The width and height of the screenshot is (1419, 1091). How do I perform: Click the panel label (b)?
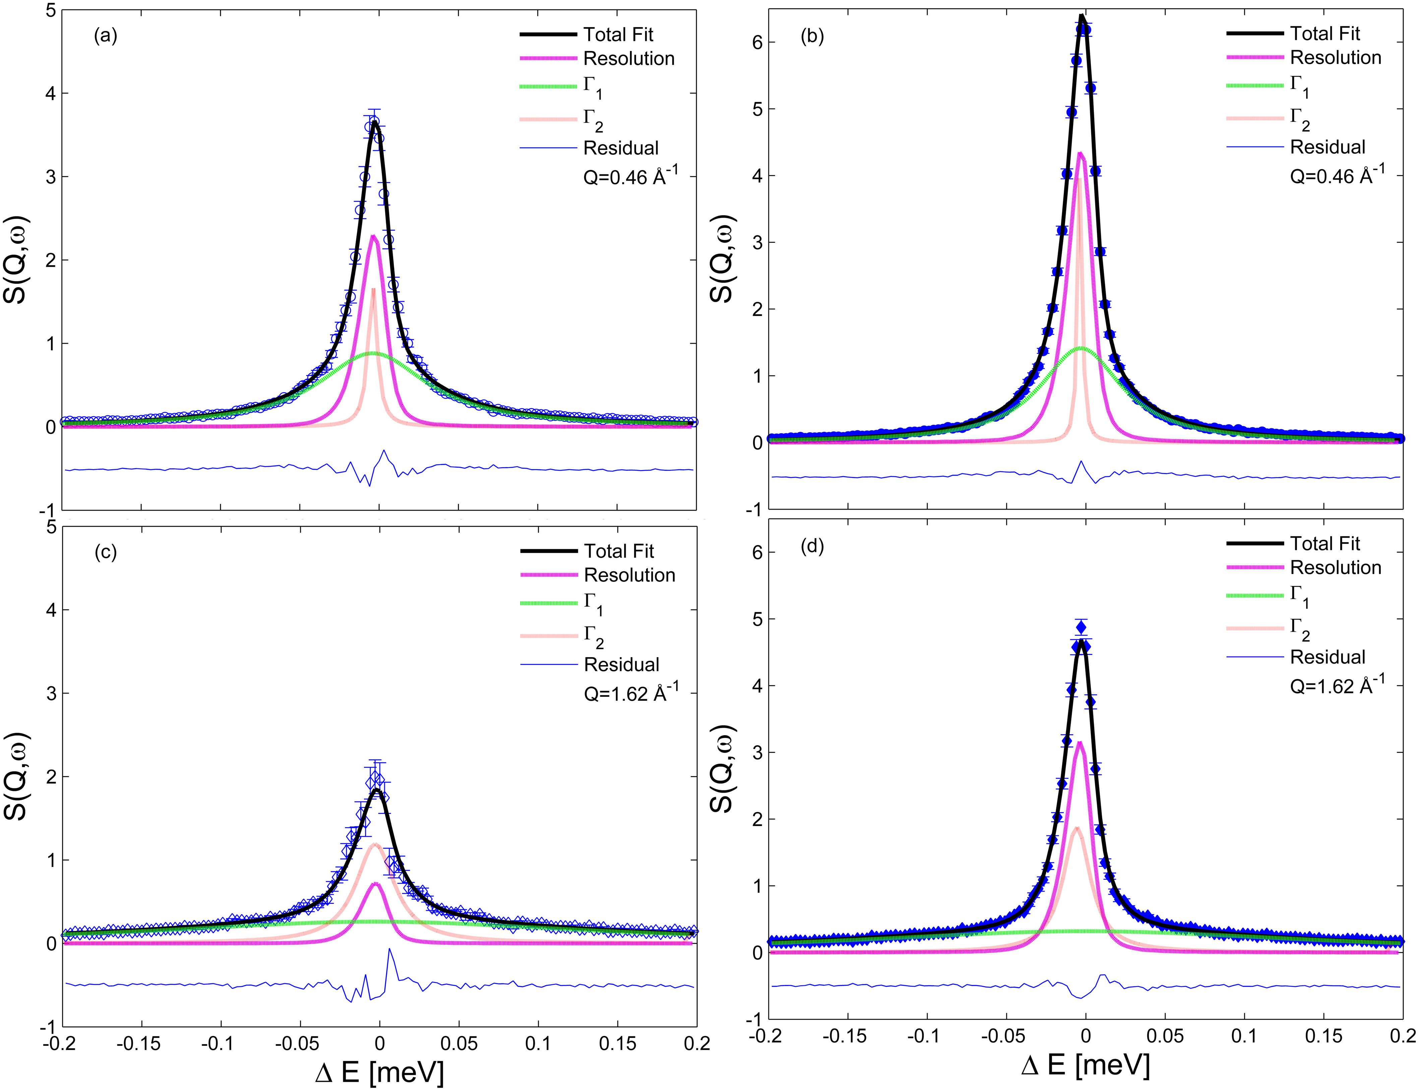812,36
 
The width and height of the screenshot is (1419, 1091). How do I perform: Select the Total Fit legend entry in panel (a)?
618,35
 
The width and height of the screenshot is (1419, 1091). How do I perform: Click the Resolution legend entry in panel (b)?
1335,58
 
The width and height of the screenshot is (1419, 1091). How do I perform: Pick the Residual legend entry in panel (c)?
621,664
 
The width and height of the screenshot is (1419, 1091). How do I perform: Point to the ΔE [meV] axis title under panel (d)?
1085,1066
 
